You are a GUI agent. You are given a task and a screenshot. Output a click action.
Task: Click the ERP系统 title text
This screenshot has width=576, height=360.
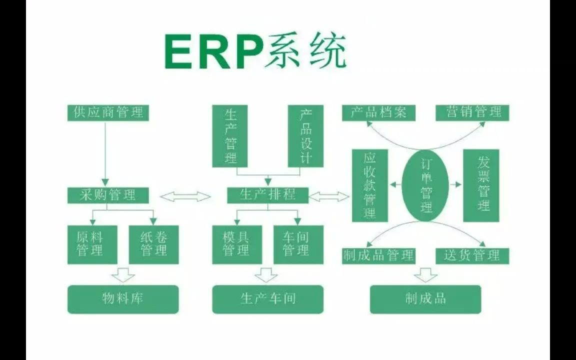255,51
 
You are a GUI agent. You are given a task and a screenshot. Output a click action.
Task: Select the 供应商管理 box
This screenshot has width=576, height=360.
108,112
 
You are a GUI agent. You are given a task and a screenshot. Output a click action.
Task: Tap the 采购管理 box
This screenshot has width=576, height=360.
108,195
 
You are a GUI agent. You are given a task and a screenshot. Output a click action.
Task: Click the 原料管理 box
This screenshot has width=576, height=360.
92,244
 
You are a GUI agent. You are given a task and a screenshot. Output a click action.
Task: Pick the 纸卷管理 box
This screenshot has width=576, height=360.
153,244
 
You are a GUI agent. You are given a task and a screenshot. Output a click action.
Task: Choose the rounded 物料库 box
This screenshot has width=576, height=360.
123,299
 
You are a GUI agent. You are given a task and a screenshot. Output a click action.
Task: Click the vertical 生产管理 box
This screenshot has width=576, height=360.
230,135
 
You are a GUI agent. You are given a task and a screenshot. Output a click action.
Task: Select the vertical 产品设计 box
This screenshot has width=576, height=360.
305,135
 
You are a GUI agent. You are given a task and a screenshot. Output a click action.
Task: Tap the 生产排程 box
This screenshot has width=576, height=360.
267,195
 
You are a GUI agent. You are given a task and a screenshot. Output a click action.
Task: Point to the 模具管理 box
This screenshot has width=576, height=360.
236,244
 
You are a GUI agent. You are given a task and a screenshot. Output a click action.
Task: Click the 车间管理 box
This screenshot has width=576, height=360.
298,244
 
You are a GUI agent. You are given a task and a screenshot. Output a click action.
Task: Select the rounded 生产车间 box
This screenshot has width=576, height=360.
267,299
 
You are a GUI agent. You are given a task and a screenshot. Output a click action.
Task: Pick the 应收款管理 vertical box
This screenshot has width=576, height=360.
370,185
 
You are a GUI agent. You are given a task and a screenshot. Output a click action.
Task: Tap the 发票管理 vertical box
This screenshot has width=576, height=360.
481,185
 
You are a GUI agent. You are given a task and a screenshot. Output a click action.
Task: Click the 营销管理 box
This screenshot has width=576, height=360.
472,112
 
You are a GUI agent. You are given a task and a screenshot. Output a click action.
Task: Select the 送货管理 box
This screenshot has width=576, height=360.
472,255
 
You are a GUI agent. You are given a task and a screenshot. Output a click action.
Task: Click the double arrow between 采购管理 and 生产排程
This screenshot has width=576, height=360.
185,196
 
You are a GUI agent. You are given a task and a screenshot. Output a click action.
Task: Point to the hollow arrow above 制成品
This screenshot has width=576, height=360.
425,274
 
